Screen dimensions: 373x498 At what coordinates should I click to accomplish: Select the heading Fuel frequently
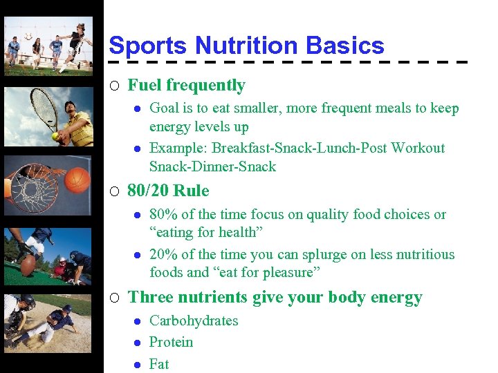point(187,86)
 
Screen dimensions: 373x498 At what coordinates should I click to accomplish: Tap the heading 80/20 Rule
point(168,191)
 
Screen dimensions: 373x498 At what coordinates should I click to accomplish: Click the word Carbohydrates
point(194,321)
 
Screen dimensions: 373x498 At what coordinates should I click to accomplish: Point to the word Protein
point(172,342)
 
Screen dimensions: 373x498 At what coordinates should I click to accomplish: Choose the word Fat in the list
point(159,363)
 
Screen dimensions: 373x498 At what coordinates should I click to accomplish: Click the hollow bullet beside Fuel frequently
point(115,86)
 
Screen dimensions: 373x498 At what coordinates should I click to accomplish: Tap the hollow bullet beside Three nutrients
point(115,298)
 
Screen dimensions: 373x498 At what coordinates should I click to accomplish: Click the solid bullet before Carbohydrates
point(138,321)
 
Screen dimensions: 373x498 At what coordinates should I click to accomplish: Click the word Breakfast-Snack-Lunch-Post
point(300,148)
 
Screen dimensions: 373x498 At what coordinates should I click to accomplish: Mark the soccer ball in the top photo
point(28,36)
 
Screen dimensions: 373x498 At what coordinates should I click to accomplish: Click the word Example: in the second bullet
point(178,148)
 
